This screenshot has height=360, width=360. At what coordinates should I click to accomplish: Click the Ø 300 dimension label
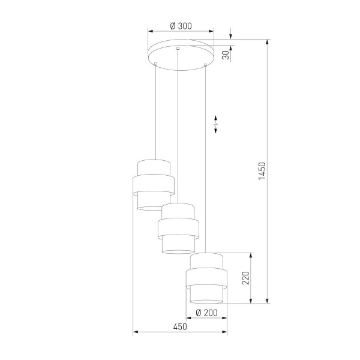coord(181,26)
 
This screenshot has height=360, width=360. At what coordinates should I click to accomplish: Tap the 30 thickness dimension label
coord(226,55)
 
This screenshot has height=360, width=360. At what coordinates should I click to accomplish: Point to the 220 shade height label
coord(244,278)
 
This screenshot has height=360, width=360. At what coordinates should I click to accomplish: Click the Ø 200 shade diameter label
coord(206,313)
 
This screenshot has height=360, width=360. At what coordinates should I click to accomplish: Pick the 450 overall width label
coord(180,327)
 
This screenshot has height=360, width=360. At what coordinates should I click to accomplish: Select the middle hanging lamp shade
coord(178,229)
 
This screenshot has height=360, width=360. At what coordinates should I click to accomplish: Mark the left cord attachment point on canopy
coord(155,64)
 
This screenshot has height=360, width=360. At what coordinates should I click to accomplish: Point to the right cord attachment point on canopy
coord(206,64)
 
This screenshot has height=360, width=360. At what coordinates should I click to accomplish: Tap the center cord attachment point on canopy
coord(178,48)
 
